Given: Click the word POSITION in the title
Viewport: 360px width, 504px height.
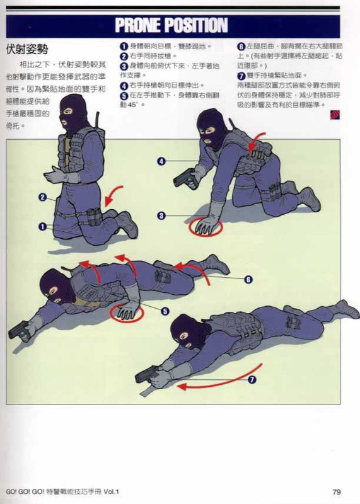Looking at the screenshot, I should tap(196, 25).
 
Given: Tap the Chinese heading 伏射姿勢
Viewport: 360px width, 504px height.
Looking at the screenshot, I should tap(27, 49).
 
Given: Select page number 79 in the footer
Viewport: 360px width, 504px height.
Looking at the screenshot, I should tap(337, 491).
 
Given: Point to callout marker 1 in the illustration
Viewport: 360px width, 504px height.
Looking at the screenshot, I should tap(43, 226).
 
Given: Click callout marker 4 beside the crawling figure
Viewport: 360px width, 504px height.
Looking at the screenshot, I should tap(161, 162).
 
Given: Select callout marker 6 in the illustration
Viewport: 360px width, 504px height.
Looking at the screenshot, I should tap(248, 279).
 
